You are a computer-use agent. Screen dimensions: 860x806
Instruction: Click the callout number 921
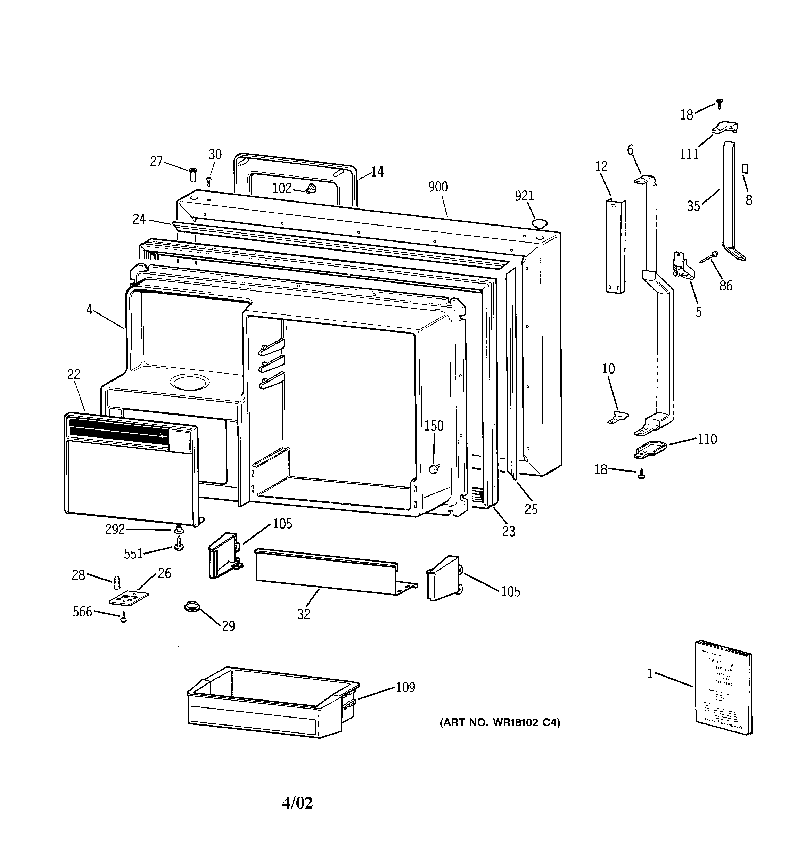coord(524,196)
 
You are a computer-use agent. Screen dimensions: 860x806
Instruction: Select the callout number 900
coord(438,187)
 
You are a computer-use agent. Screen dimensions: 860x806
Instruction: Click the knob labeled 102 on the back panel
coord(311,189)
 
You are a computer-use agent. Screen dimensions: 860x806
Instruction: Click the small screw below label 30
coord(208,181)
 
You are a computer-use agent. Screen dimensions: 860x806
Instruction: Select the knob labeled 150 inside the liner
coord(434,468)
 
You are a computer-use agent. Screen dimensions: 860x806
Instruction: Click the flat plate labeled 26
coord(128,598)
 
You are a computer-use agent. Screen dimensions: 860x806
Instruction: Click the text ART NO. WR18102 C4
coord(500,722)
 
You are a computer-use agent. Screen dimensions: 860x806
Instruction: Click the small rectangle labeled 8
coord(745,168)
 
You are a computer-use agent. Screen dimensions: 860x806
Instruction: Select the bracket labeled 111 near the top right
coord(725,128)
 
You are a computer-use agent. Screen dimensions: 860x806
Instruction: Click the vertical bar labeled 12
coord(615,247)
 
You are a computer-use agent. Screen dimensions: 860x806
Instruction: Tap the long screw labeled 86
coord(707,257)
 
